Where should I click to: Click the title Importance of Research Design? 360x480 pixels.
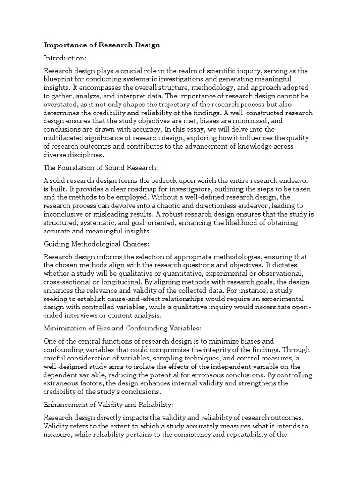click(x=102, y=45)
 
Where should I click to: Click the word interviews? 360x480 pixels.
click(x=77, y=315)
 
